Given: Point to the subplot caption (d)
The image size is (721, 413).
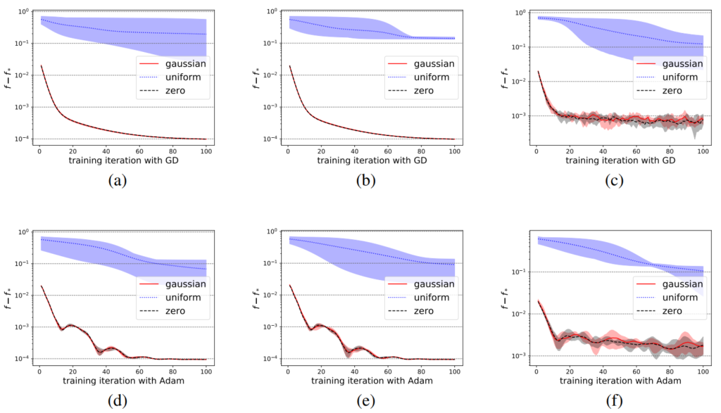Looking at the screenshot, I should point(117,400).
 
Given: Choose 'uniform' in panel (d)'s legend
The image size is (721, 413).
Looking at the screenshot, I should point(184,297).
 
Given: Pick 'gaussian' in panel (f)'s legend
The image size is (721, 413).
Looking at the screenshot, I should point(682,284).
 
